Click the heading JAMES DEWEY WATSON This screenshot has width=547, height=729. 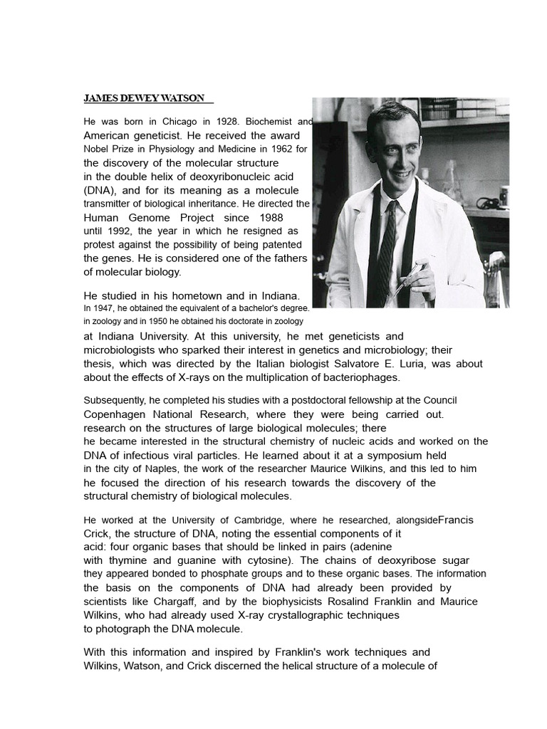(145, 98)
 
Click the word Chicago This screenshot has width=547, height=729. (172, 122)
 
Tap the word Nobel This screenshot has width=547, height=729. (97, 150)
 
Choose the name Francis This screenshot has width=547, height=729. (455, 520)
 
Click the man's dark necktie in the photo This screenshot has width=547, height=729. (386, 242)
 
